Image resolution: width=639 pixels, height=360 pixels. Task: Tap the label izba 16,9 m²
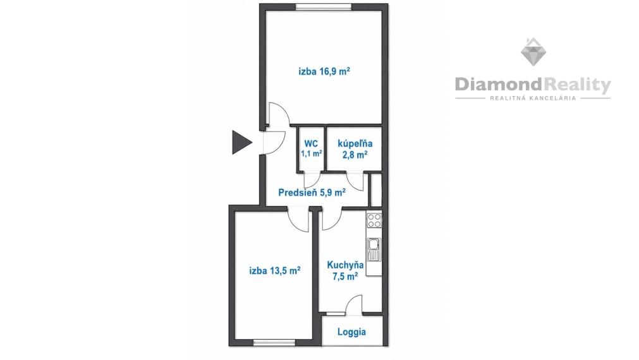coord(324,71)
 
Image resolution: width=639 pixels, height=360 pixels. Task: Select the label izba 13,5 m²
coord(275,270)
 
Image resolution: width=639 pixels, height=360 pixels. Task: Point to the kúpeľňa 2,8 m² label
coord(355,148)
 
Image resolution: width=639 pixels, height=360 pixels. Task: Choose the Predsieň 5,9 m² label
coord(312,192)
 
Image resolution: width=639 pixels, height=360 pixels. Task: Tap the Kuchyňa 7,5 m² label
coord(345,270)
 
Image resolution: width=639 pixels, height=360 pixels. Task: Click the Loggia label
coord(351,332)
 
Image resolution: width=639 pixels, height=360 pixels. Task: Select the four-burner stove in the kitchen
coord(374,220)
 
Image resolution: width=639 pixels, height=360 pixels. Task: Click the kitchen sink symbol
coord(374,249)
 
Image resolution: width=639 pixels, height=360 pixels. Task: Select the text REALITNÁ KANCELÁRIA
coord(533,98)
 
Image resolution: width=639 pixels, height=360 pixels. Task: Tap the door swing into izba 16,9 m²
coord(279,114)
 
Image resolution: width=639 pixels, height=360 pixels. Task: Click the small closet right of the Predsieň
coord(375,189)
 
